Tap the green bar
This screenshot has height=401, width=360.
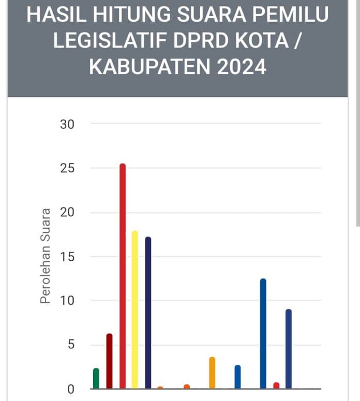(96, 378)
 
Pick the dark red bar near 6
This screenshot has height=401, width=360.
(109, 361)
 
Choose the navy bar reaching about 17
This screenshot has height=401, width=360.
(148, 313)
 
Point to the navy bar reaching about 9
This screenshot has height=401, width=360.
(289, 349)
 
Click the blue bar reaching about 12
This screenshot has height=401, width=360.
(263, 334)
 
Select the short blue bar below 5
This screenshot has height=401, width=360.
(237, 377)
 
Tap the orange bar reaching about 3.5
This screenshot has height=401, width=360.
(212, 373)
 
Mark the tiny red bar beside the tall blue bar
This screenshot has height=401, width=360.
(276, 385)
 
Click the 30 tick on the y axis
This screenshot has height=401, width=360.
(68, 124)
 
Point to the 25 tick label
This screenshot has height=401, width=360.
(68, 169)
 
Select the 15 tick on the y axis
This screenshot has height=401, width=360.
(68, 257)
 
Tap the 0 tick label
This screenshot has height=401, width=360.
(71, 389)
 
